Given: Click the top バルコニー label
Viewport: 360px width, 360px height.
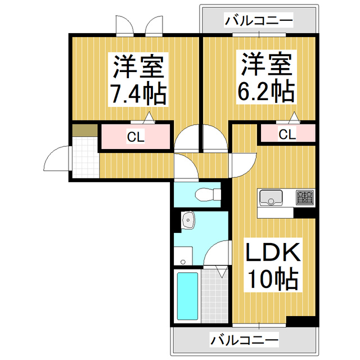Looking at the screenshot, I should coord(259,21).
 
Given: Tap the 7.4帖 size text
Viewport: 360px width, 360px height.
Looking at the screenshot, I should coord(138,94).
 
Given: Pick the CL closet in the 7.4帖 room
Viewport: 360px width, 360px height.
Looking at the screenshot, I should coord(136,137).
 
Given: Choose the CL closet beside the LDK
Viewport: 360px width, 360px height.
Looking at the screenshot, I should coord(287,134).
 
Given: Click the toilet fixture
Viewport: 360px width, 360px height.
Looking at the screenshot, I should coord(207,194).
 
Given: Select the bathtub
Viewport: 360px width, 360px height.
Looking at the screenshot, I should coord(187,296).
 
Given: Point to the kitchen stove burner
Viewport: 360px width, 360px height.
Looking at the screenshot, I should coord(305,197).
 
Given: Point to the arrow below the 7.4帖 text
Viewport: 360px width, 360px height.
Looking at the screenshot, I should coord(148,117).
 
